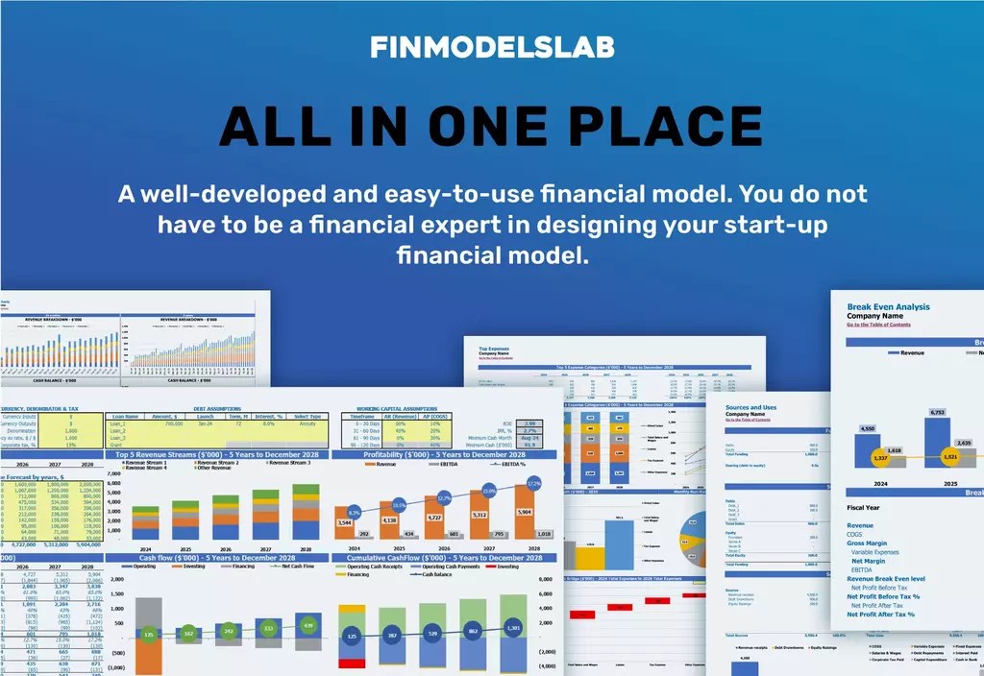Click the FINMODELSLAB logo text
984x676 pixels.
click(x=491, y=47)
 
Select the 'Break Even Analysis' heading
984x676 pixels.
click(x=888, y=307)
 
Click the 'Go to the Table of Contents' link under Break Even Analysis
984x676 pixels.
click(x=878, y=325)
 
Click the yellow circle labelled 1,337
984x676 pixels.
click(x=879, y=458)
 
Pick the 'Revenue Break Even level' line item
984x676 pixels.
click(x=885, y=579)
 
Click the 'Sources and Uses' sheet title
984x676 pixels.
click(x=750, y=407)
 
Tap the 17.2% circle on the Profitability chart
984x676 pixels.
click(x=534, y=483)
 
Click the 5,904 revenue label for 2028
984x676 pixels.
click(x=524, y=512)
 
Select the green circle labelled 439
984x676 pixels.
click(x=308, y=626)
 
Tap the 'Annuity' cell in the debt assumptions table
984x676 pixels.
click(x=307, y=422)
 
